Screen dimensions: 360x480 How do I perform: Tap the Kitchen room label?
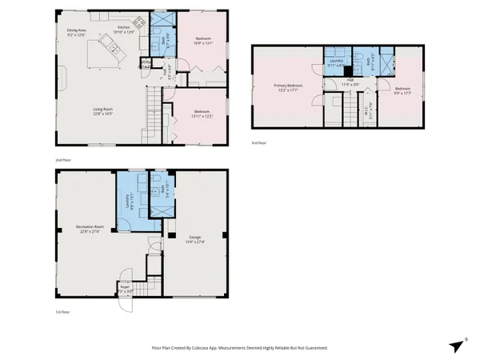click(x=124, y=29)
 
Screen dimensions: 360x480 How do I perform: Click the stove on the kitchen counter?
click(x=141, y=22)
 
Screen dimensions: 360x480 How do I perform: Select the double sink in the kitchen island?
click(x=114, y=51)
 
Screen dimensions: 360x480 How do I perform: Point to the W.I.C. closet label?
click(x=367, y=114)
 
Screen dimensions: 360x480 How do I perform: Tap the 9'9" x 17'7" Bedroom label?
click(x=402, y=90)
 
